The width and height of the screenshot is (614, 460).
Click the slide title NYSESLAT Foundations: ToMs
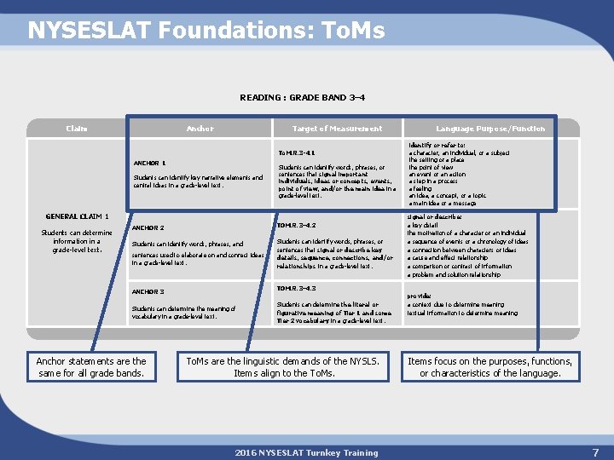click(206, 32)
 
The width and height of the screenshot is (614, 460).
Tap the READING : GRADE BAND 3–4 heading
click(308, 98)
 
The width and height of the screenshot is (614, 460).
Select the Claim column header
click(77, 129)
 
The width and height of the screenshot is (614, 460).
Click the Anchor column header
click(200, 129)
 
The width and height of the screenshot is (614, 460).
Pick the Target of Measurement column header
click(338, 129)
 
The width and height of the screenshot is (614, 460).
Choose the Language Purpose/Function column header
click(490, 129)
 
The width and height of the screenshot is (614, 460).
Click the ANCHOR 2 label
click(148, 227)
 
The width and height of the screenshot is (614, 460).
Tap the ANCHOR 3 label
click(148, 291)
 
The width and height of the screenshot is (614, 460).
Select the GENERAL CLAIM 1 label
click(77, 216)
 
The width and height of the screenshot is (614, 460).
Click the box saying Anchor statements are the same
click(91, 367)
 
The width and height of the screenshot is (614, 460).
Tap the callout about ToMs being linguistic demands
click(284, 367)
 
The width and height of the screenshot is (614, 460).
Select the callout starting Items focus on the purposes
click(489, 367)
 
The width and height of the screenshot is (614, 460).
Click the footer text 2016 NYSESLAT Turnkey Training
click(307, 452)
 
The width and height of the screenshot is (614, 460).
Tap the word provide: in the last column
click(419, 296)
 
